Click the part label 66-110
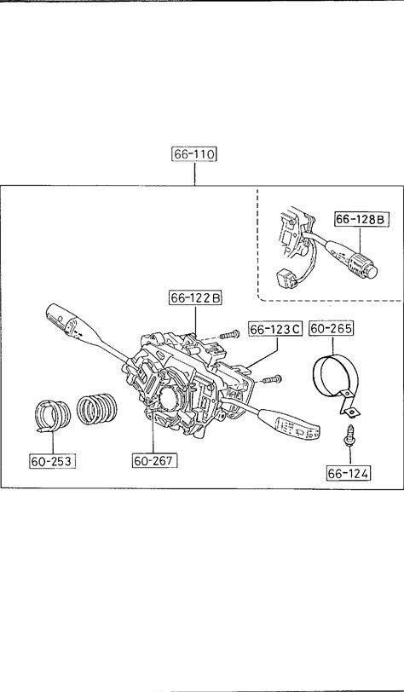point(194,154)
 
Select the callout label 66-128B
point(361,219)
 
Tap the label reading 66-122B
point(195,298)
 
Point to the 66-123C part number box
point(275,329)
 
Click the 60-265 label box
point(331,328)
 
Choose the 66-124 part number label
point(349,474)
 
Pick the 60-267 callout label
point(154,461)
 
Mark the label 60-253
point(52,461)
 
